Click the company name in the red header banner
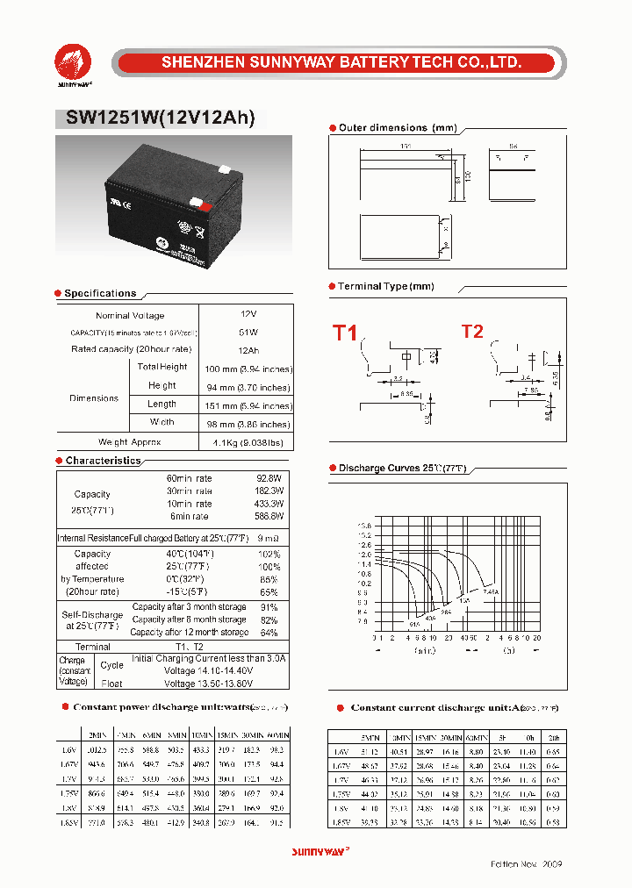pyautogui.click(x=341, y=62)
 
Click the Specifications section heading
pyautogui.click(x=100, y=293)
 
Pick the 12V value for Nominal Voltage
pyautogui.click(x=248, y=313)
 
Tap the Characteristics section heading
pyautogui.click(x=103, y=461)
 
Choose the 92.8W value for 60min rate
pyautogui.click(x=269, y=478)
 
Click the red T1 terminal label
pyautogui.click(x=344, y=333)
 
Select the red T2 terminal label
pyautogui.click(x=472, y=331)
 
